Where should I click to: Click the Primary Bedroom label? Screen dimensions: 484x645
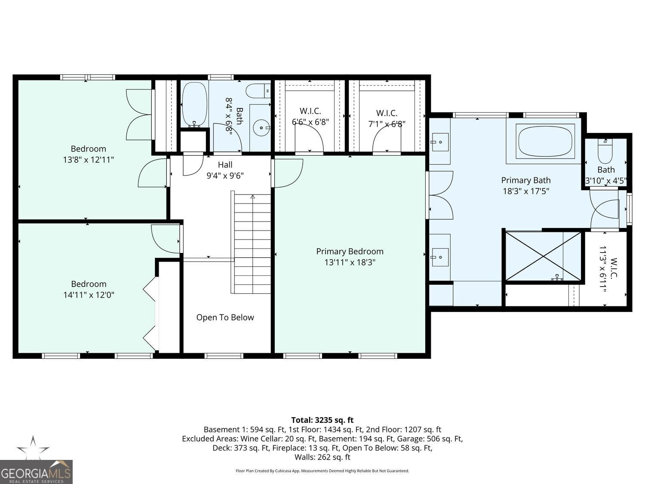350,251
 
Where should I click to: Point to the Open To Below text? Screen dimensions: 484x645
225,318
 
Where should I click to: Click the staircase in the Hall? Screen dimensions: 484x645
252,243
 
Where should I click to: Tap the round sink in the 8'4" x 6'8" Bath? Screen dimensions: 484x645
261,128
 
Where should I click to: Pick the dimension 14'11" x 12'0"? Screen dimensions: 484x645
88,295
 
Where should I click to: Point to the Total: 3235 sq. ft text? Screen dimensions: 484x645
322,420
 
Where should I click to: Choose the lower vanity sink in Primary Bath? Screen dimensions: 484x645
440,257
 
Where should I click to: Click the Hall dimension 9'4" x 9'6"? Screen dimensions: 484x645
225,176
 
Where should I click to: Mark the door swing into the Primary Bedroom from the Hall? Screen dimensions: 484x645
288,173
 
